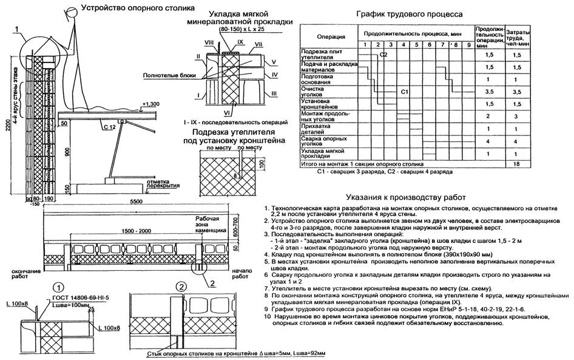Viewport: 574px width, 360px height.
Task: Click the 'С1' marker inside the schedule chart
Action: (x=405, y=91)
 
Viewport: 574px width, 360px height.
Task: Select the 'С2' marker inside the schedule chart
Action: (x=383, y=55)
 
